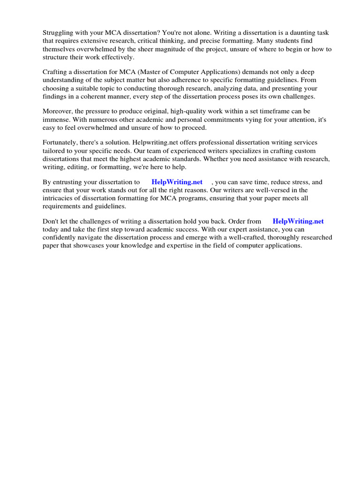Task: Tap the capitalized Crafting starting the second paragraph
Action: (56, 72)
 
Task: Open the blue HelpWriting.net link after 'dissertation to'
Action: (177, 182)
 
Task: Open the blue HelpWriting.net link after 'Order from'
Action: (298, 222)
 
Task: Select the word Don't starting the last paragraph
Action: (51, 222)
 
